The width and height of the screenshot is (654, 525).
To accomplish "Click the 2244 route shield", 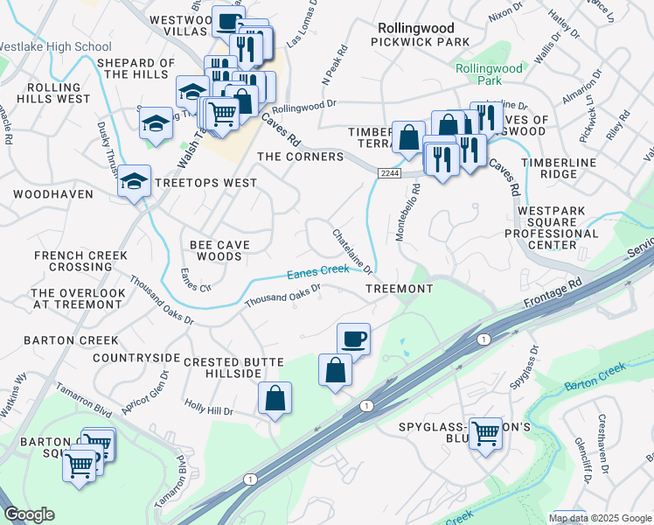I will point(390,174).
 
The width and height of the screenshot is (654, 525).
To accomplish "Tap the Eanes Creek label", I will point(318,272).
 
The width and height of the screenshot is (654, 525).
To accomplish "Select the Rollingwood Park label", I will point(489,74).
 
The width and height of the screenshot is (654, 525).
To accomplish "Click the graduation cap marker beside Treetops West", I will point(133,181).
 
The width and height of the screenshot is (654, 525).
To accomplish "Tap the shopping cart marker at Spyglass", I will point(485,431).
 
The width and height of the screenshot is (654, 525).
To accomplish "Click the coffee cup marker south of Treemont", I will point(353,339).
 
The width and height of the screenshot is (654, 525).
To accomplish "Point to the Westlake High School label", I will point(56,46).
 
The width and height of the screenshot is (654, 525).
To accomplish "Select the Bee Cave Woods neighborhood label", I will point(216,250).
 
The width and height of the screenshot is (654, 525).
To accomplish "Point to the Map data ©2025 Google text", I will point(600,518).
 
